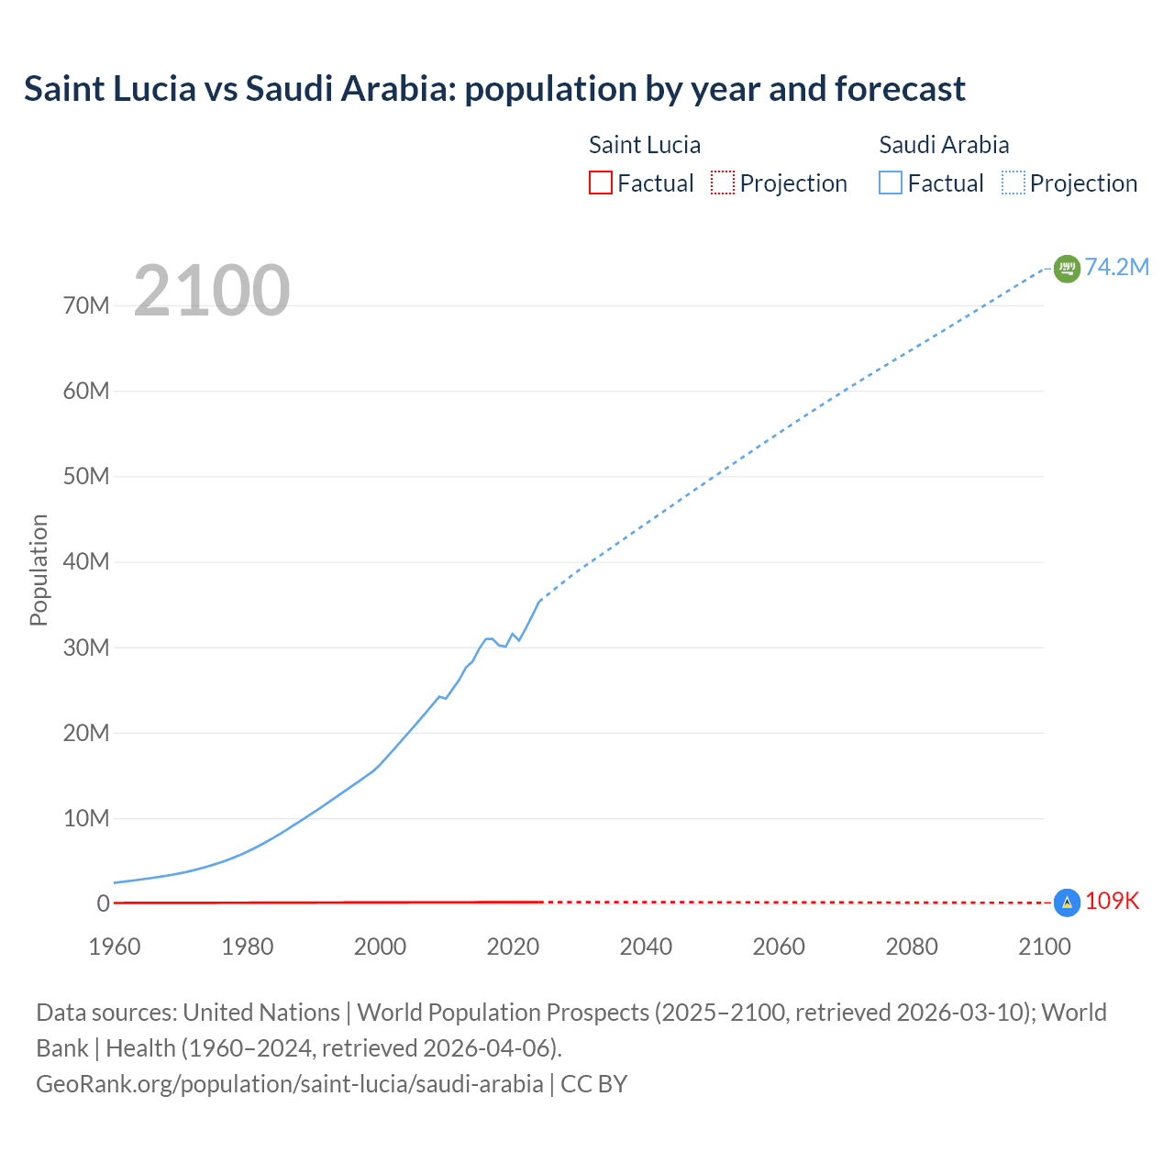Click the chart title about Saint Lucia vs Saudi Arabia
pos(494,89)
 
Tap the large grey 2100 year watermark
pos(212,291)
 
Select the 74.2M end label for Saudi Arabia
pos(1116,267)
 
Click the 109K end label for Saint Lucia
pos(1112,902)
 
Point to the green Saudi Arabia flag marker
pos(1067,268)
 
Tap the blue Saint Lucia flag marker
pos(1067,903)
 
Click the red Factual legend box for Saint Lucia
pos(601,183)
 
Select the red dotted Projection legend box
pos(723,183)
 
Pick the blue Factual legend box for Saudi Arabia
pos(891,183)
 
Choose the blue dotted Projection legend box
pos(1013,183)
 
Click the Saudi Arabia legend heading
pos(944,145)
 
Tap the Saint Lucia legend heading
pos(645,145)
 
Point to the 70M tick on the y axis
pos(86,305)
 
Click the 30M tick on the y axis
pos(86,648)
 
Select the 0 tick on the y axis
pos(103,903)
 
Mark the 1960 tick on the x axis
pos(115,947)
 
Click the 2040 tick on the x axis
pos(646,947)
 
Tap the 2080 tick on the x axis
pos(912,947)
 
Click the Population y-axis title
pos(39,570)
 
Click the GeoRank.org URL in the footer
pos(290,1084)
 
